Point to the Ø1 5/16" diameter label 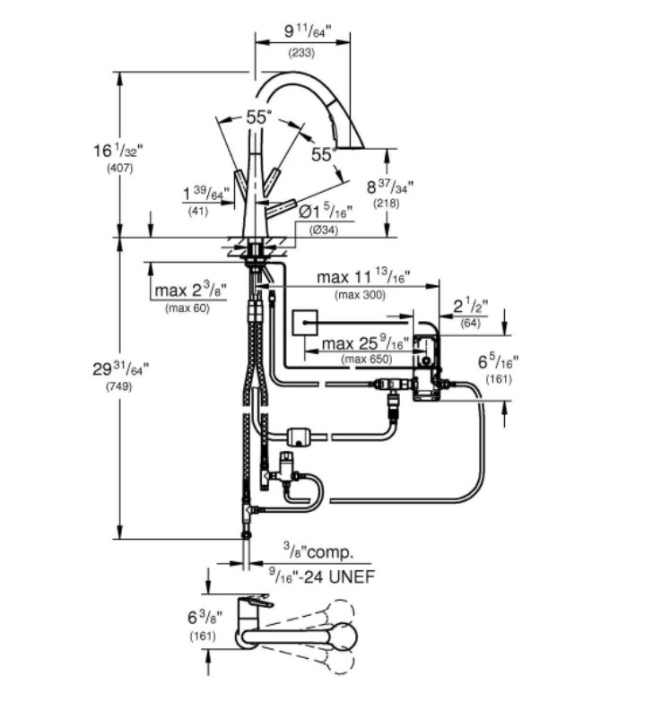point(325,212)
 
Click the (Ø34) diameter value point(325,230)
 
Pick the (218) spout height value point(387,204)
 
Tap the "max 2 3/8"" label point(188,290)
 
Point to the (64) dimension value point(471,323)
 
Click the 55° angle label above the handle point(258,117)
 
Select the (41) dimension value point(198,212)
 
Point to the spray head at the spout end point(351,135)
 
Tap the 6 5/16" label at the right point(499,362)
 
